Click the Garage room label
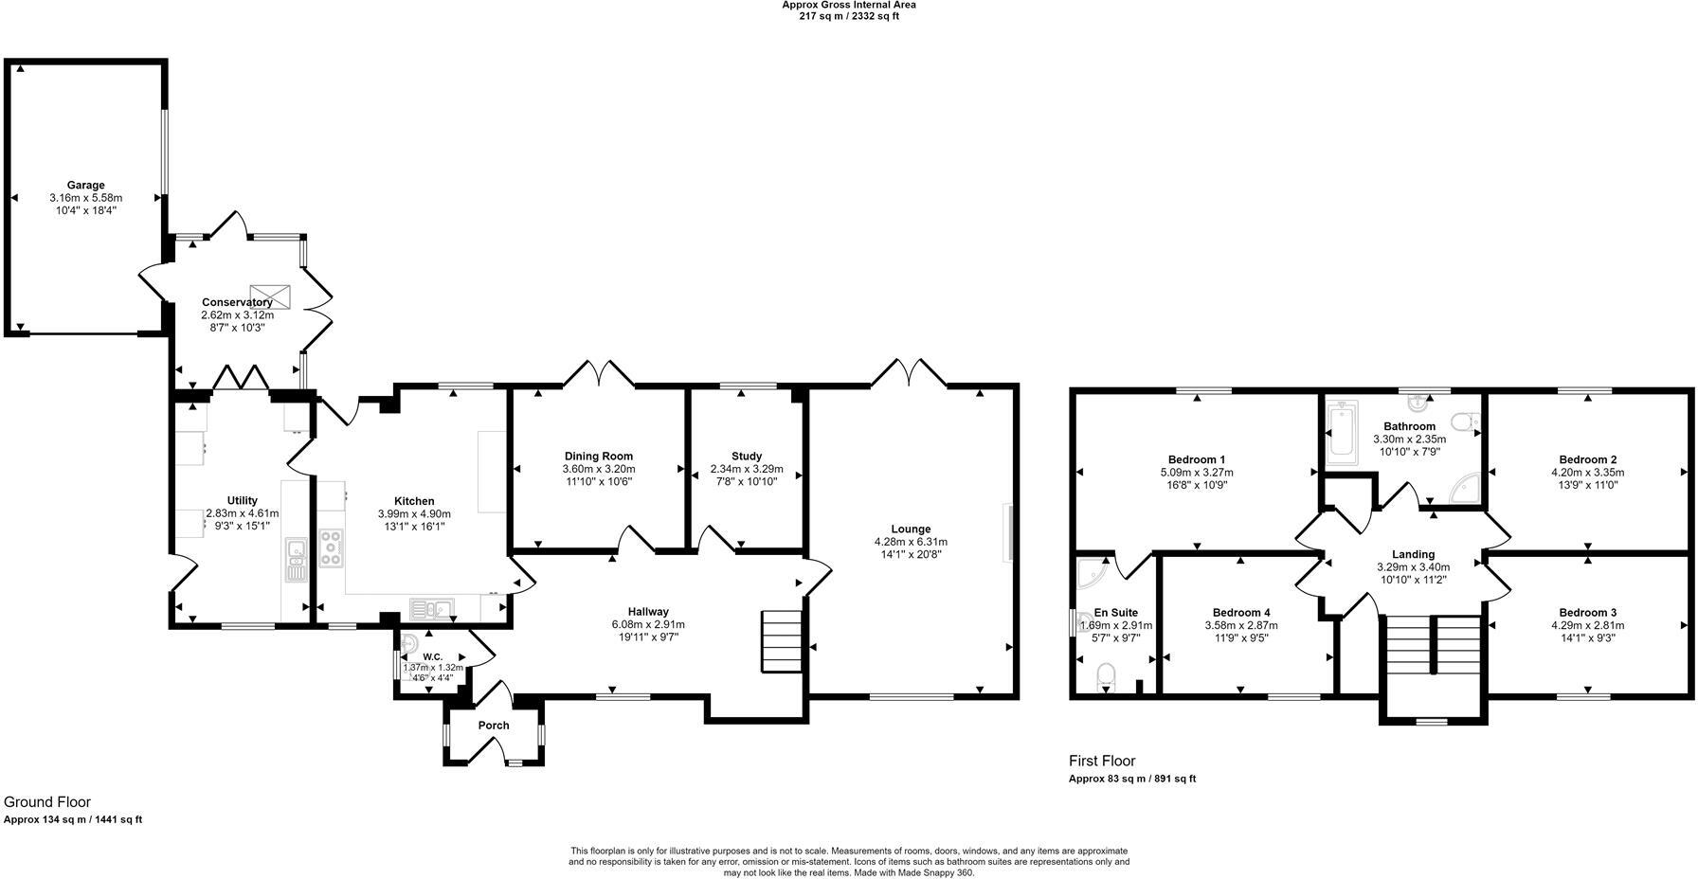click(85, 186)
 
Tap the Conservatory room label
click(237, 303)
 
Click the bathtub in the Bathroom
click(1341, 435)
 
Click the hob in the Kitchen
click(332, 548)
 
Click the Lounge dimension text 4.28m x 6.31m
click(911, 542)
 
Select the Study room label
click(747, 457)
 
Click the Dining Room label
click(599, 457)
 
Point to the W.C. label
click(432, 656)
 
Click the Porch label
click(494, 726)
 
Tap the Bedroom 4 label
click(1241, 613)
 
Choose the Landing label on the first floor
click(1413, 555)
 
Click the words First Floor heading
click(1101, 761)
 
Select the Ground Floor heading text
click(47, 802)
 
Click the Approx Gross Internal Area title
click(848, 5)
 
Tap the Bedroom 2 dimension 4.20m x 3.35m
click(1587, 473)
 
